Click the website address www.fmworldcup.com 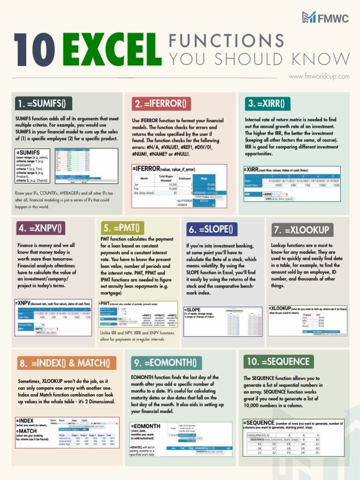(319, 76)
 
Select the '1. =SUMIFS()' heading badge (42, 103)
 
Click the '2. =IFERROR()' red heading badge (160, 103)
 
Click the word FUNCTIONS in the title (226, 40)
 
